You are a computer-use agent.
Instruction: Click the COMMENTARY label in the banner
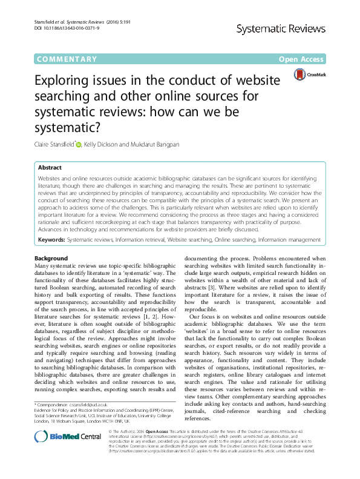click(x=67, y=59)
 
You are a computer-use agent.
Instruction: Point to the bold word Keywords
click(x=51, y=240)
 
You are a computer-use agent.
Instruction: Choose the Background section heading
click(x=51, y=259)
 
